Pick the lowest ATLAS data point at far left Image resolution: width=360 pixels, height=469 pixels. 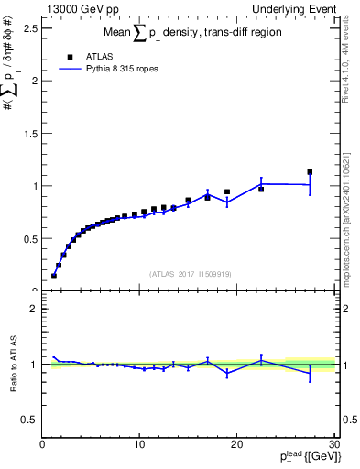(54, 276)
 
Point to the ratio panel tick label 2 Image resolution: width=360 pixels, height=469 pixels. (33, 309)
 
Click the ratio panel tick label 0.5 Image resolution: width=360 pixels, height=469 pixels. (29, 420)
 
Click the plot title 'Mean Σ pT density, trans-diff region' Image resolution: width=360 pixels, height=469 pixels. (190, 34)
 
